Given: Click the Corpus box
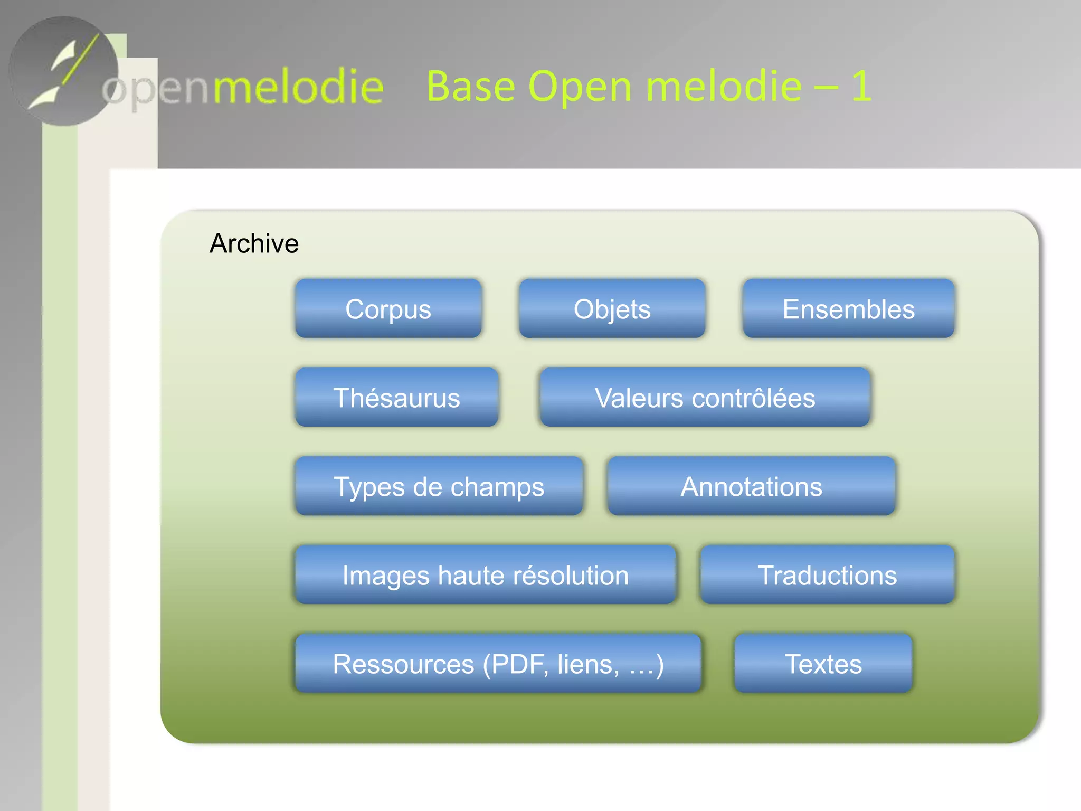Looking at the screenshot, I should [388, 309].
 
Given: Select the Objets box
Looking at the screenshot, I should [612, 309].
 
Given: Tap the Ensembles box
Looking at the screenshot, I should [848, 309].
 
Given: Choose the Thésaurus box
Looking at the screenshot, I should [396, 398].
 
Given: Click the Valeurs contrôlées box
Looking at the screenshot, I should [705, 398].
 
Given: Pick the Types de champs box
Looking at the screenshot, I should [439, 486].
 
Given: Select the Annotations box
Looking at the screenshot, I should [751, 486].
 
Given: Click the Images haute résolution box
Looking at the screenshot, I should [485, 575].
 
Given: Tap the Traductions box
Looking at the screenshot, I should [827, 575].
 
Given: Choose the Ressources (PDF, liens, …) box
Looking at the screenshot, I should [498, 664].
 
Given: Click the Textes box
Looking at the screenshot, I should [823, 664].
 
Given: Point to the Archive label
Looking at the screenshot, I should [254, 243].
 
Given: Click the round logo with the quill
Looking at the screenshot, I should [63, 71].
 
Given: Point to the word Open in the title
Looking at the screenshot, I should [580, 87].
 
